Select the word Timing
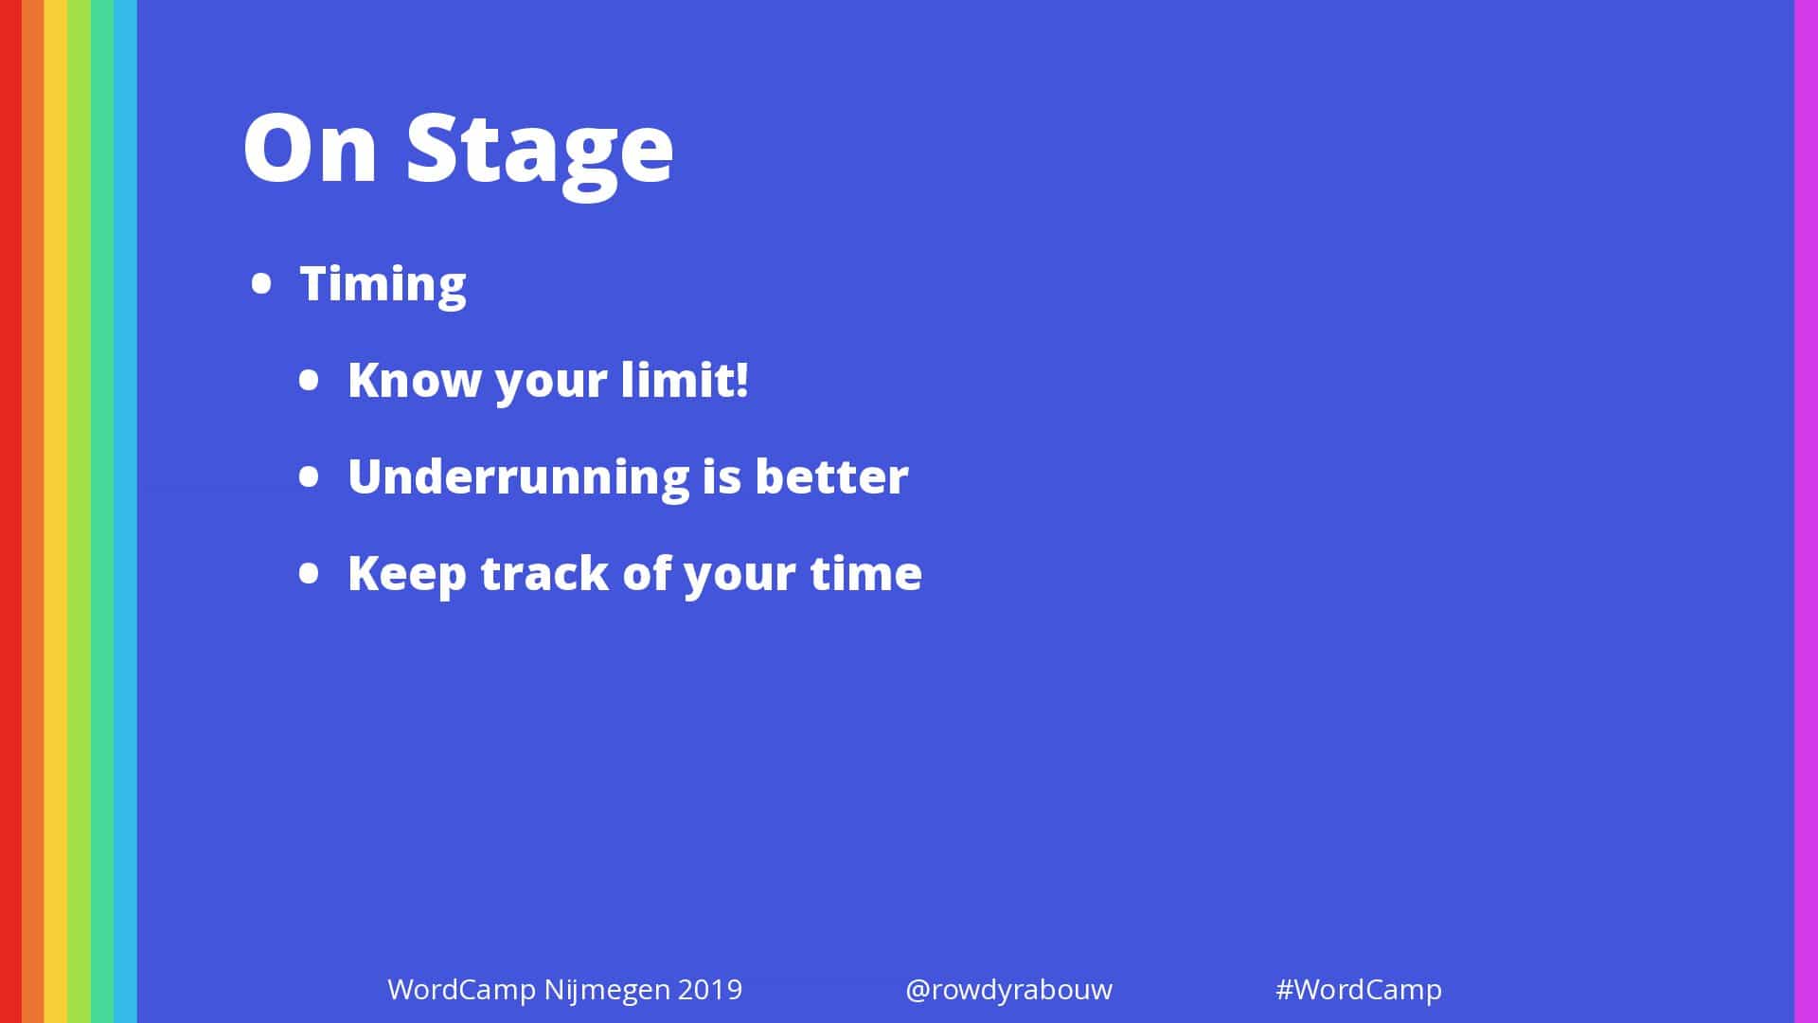pyautogui.click(x=383, y=284)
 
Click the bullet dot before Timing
pyautogui.click(x=261, y=283)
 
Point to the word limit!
pyautogui.click(x=685, y=379)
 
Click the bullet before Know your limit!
pyautogui.click(x=310, y=380)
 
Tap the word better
pyautogui.click(x=831, y=476)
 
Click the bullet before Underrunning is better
pyautogui.click(x=310, y=476)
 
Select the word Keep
pyautogui.click(x=407, y=574)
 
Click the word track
pyautogui.click(x=544, y=573)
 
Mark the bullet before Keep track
pyautogui.click(x=310, y=573)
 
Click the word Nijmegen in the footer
pyautogui.click(x=607, y=991)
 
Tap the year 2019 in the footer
pyautogui.click(x=710, y=990)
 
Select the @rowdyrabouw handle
pyautogui.click(x=1008, y=991)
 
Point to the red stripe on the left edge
pyautogui.click(x=10, y=511)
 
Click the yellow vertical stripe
pyautogui.click(x=56, y=511)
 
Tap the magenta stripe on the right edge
pyautogui.click(x=1806, y=511)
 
